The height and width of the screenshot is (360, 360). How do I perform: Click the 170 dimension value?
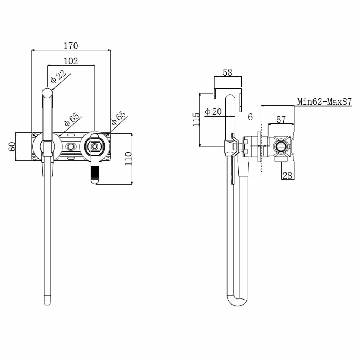coord(71,46)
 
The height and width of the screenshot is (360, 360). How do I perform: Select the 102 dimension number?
coord(71,61)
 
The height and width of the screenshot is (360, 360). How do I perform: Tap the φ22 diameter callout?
coord(58,77)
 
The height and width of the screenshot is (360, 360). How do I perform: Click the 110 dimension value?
coord(129,158)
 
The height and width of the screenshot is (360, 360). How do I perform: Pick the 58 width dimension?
coord(227,72)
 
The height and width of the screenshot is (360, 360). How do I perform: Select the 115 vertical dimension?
coord(196,119)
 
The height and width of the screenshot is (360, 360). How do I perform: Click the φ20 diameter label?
coord(213,112)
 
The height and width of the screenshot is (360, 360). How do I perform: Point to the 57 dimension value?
coord(281,120)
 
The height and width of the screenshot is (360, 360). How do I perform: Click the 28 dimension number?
coord(287,175)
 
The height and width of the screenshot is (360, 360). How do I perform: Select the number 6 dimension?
coord(250,117)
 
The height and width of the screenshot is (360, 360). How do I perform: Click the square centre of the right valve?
coord(95,146)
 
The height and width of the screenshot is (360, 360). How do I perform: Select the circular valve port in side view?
coord(280,147)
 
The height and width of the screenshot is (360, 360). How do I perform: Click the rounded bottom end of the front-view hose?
coord(48,300)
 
